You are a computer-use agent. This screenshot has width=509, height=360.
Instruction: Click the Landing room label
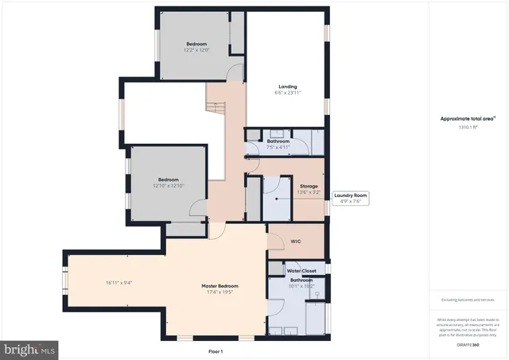coord(287,87)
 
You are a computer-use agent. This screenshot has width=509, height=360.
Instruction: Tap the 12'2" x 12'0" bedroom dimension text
coord(196,50)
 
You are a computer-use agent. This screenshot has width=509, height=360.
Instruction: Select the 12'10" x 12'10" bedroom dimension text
coord(168,186)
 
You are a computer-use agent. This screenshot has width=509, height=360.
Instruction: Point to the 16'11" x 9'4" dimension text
coord(119,283)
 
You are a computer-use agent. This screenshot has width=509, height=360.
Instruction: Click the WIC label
coord(296,241)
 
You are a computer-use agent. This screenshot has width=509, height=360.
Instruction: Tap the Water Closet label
coord(301,271)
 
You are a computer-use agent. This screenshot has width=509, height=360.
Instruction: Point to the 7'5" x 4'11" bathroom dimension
coord(278,147)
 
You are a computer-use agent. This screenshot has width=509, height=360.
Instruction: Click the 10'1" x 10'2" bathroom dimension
coord(301,285)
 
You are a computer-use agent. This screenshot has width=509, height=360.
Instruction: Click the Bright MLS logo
coord(30,349)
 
